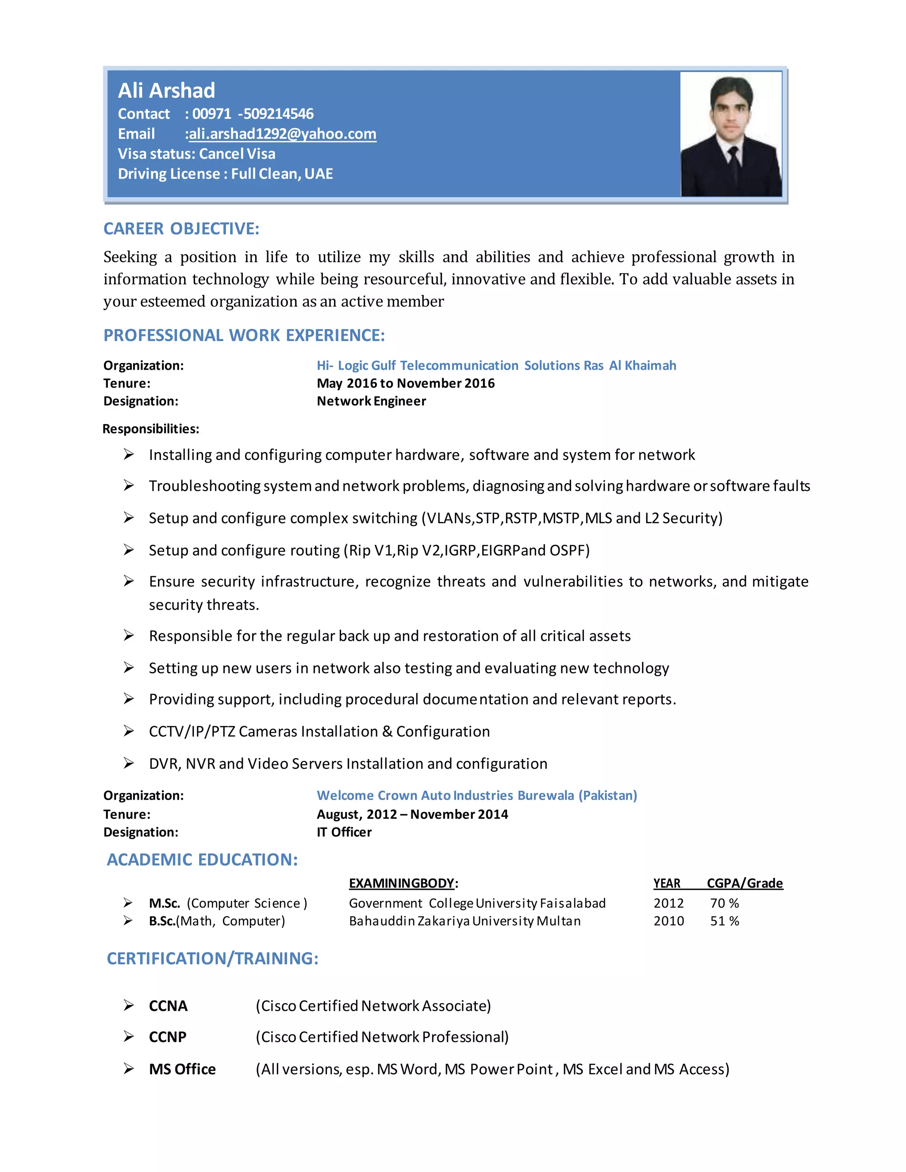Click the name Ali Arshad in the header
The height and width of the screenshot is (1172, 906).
tap(166, 91)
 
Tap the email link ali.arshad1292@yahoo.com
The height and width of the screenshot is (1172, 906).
tap(282, 134)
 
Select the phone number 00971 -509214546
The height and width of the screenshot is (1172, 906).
tap(253, 114)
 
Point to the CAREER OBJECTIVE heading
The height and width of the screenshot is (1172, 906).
tap(181, 229)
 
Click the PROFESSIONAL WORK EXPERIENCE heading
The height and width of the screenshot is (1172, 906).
tap(244, 335)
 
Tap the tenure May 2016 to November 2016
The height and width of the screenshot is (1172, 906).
tap(405, 383)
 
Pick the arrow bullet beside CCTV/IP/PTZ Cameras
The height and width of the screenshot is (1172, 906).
tap(129, 731)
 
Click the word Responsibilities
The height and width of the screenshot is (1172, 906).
tap(151, 429)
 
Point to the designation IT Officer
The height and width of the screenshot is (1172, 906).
tap(344, 832)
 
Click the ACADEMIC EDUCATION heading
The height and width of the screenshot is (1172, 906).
tap(202, 860)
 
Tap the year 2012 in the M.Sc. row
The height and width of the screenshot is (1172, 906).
tap(668, 903)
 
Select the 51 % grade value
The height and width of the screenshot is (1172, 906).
tap(724, 921)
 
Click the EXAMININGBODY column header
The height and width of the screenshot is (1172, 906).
tap(403, 883)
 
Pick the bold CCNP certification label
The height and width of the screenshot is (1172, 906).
tap(168, 1037)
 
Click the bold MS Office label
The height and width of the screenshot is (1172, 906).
tap(182, 1069)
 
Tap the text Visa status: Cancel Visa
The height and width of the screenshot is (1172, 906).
tap(196, 154)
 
